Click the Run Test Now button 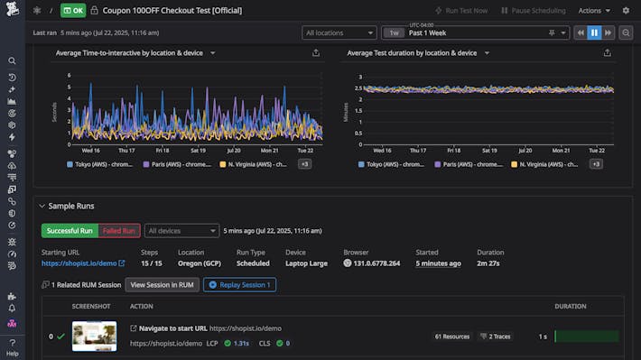(460, 11)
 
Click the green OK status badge (73, 11)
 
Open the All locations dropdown (339, 32)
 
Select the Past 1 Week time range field (478, 32)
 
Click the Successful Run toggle (70, 231)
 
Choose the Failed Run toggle (119, 231)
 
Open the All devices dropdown (181, 231)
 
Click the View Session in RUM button (162, 285)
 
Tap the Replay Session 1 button (238, 285)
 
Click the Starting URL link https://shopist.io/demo (79, 263)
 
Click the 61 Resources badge (452, 337)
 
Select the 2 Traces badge (496, 337)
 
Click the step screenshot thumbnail (94, 337)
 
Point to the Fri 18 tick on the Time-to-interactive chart (162, 151)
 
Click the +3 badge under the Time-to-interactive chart (304, 164)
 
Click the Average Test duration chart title (412, 53)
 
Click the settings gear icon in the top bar (627, 11)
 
